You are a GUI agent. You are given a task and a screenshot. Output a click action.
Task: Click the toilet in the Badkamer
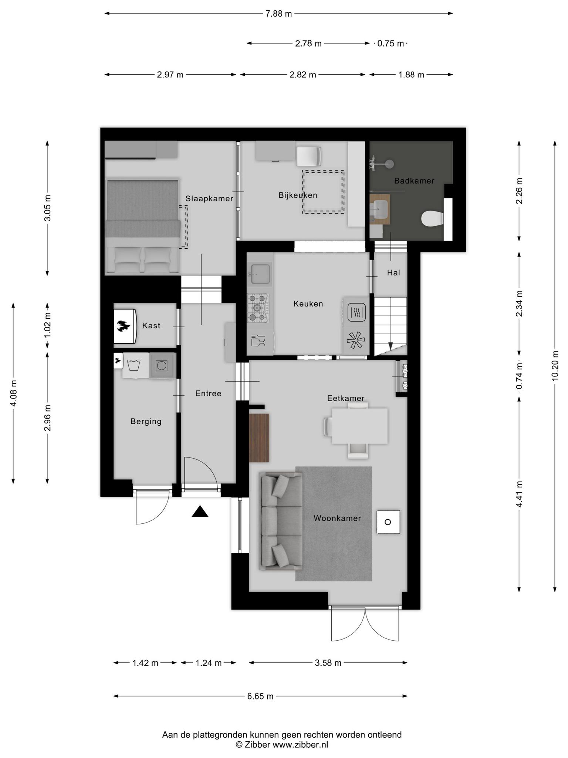[432, 218]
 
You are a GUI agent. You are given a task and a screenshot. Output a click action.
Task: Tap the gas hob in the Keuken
[258, 308]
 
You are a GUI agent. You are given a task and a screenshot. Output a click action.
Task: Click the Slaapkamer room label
[209, 199]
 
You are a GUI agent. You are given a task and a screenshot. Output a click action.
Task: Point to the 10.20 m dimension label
[555, 365]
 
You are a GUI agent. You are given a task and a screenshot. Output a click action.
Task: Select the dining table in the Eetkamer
[359, 426]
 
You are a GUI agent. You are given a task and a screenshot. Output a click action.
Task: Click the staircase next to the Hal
[390, 326]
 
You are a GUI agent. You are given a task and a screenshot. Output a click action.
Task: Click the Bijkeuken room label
[298, 195]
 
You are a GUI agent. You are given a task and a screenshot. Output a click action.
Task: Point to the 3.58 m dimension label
[328, 663]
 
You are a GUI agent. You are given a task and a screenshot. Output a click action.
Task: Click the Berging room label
[146, 421]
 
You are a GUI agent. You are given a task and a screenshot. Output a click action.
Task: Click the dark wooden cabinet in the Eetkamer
[259, 438]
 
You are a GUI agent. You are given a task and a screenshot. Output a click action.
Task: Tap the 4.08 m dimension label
[13, 393]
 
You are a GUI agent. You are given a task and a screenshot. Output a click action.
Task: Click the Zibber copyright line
[282, 745]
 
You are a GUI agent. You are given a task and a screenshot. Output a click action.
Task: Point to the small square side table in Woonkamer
[388, 522]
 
